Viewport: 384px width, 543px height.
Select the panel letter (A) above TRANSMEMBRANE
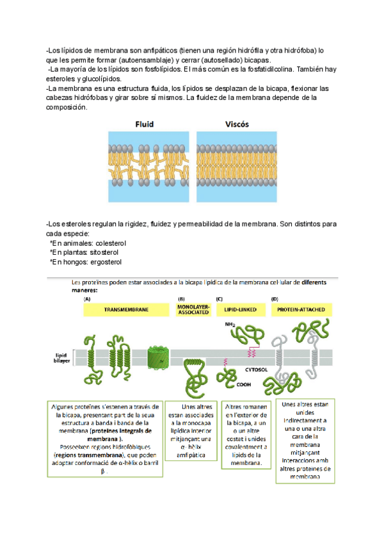(x=88, y=298)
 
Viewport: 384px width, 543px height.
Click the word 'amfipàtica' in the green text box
(x=189, y=455)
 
